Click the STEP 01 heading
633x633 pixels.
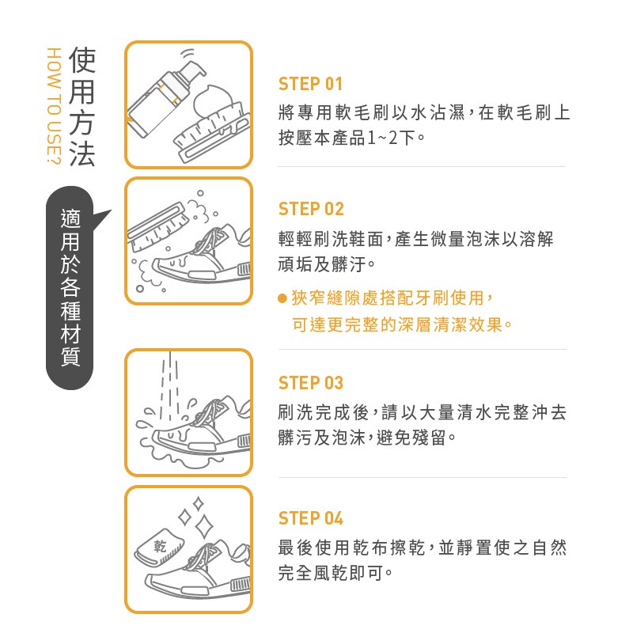click(x=310, y=84)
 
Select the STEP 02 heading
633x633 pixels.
click(x=311, y=209)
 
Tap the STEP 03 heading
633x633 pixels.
click(x=311, y=383)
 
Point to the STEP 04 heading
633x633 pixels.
click(x=311, y=518)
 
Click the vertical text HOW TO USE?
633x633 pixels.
click(x=54, y=106)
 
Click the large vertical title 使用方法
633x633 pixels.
click(x=82, y=106)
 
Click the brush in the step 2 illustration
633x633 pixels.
click(x=158, y=224)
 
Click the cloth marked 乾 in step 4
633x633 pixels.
click(x=159, y=548)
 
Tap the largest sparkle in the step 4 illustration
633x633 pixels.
click(x=204, y=526)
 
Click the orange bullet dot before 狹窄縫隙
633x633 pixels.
click(x=282, y=298)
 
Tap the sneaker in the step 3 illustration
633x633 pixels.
click(x=202, y=428)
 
